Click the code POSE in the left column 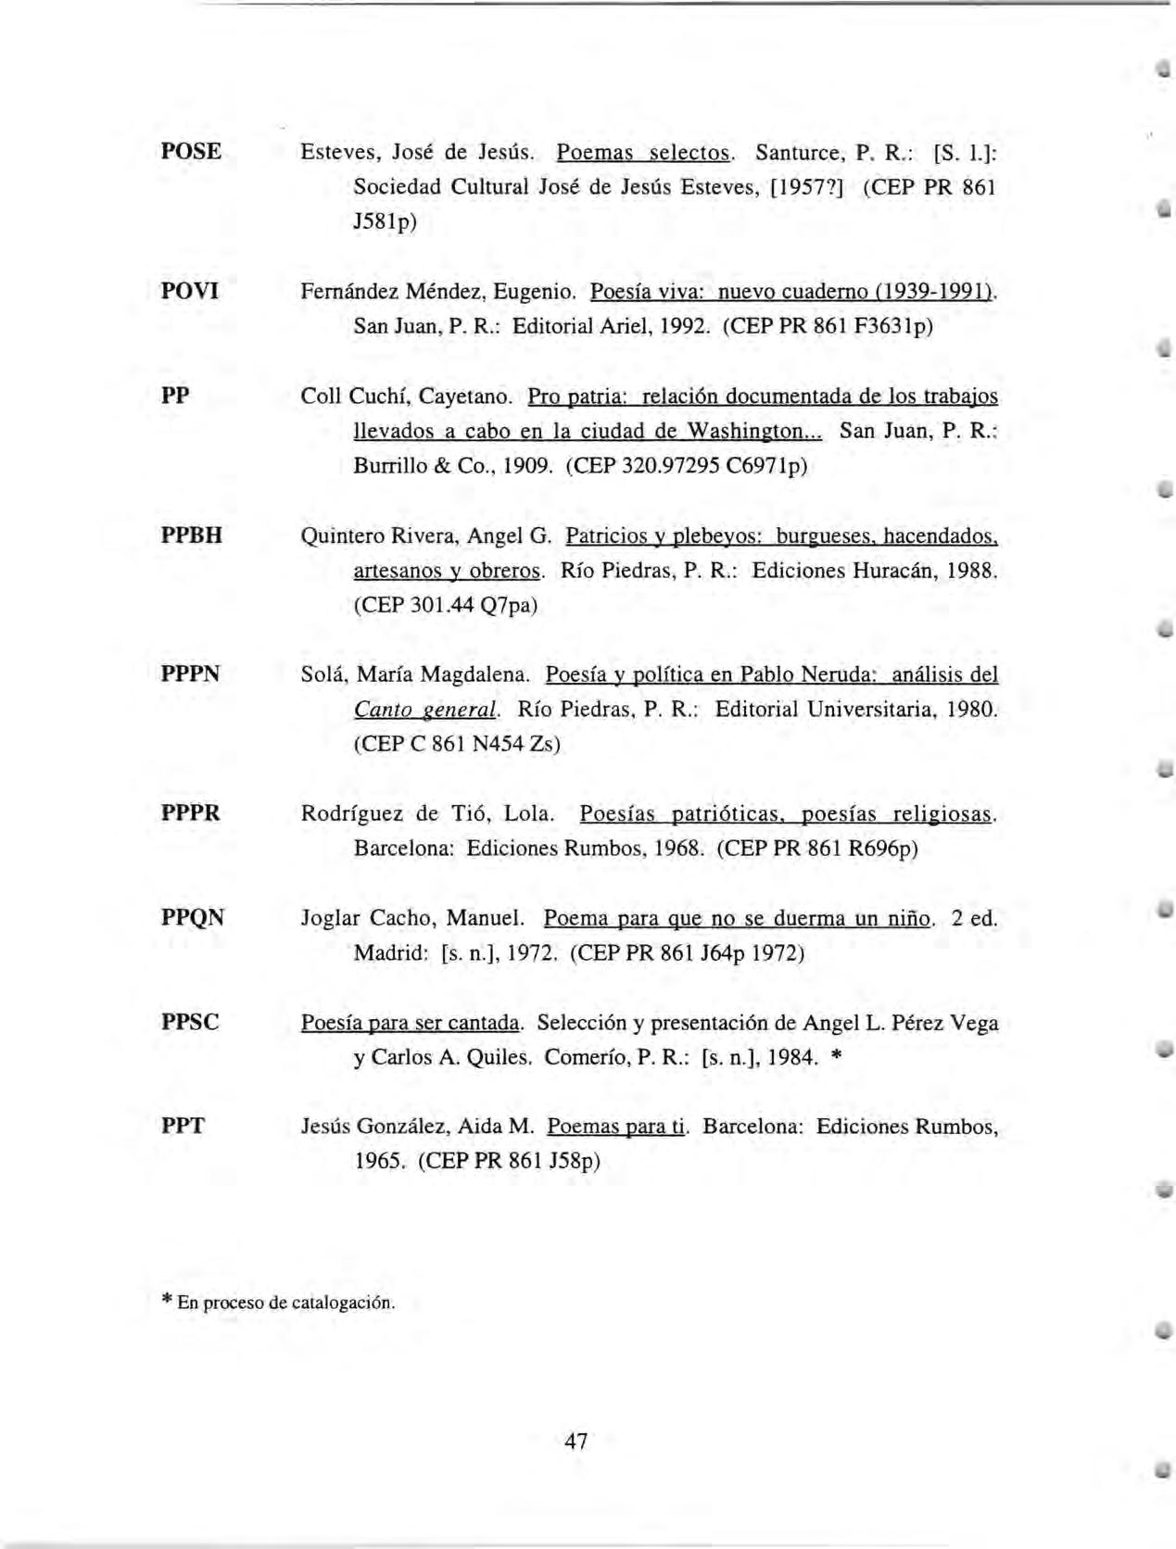click(x=191, y=151)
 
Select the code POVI click(x=190, y=291)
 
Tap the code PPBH click(x=192, y=535)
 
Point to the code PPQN click(x=193, y=917)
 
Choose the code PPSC click(x=190, y=1022)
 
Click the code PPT click(x=183, y=1127)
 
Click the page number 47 click(x=575, y=1441)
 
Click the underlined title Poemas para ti click(x=616, y=1127)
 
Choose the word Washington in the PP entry click(x=752, y=432)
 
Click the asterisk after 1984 click(x=836, y=1058)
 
